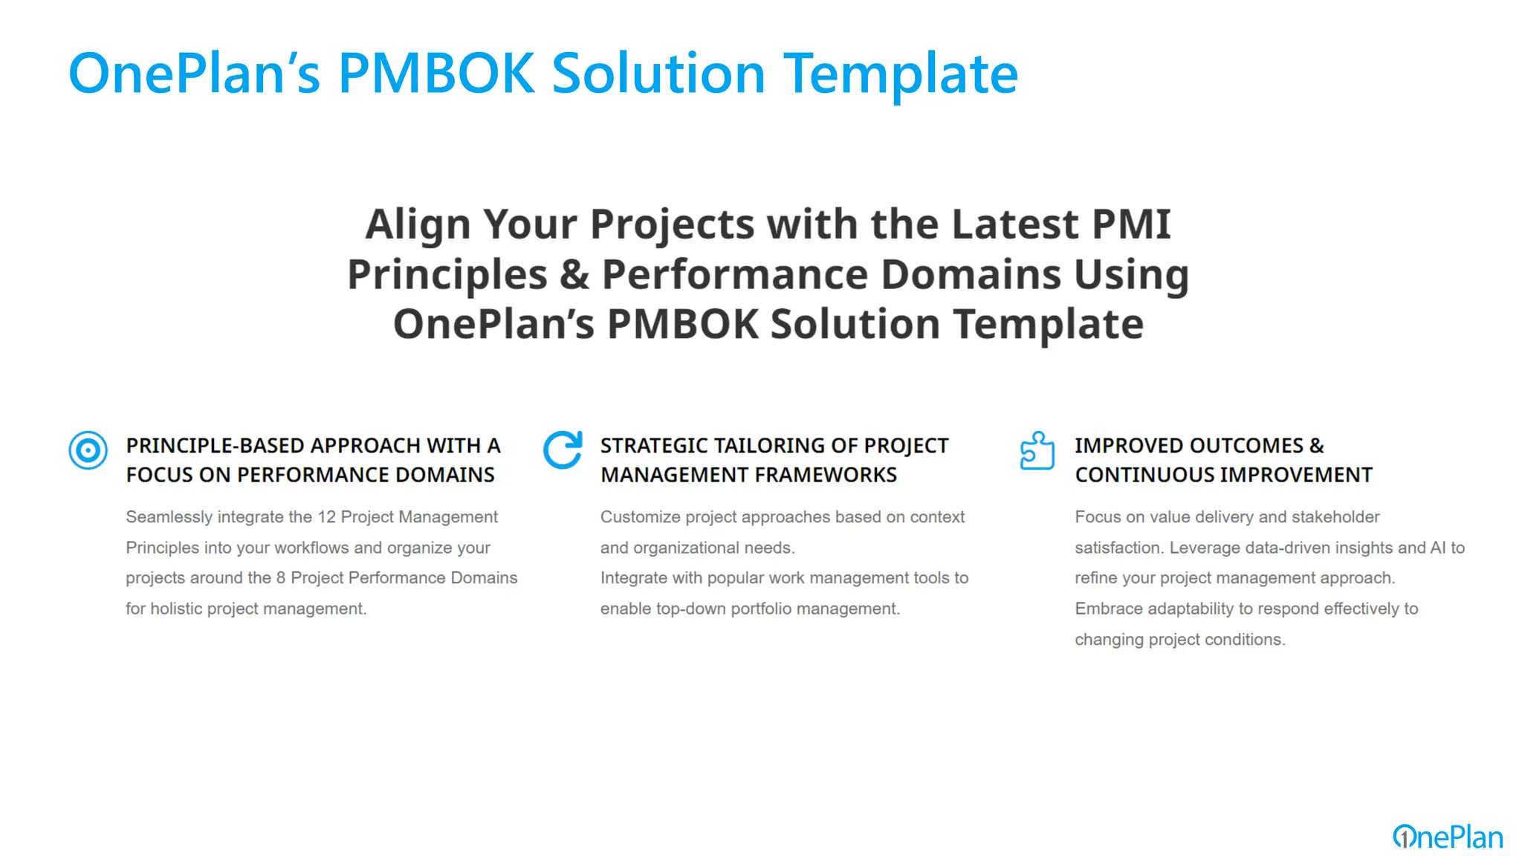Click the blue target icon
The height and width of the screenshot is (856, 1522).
[88, 450]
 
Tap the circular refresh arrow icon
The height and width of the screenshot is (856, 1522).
[563, 450]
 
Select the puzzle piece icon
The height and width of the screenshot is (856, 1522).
[1037, 450]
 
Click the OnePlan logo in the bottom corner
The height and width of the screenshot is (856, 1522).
[1448, 837]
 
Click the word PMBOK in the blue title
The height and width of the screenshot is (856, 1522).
[436, 74]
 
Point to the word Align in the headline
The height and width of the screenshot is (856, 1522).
[418, 225]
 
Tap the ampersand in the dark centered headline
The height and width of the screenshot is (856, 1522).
[574, 274]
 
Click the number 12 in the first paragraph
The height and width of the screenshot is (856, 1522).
[327, 517]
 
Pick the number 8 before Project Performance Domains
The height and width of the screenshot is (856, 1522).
[281, 578]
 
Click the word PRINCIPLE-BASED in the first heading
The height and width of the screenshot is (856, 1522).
[216, 446]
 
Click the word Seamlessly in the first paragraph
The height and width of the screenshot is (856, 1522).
[169, 517]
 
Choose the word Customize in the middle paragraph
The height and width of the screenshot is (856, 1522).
[641, 517]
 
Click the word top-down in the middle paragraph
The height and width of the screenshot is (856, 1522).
[690, 609]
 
